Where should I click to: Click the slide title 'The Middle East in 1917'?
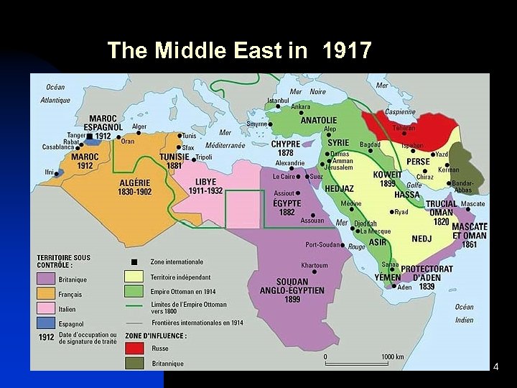(239, 51)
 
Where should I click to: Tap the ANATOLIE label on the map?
(319, 121)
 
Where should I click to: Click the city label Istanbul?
(279, 100)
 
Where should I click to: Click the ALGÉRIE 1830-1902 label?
(135, 187)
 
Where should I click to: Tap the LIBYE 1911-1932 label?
(205, 186)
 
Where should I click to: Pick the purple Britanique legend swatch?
(45, 279)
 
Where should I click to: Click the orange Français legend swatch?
(45, 294)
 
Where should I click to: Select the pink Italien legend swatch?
(45, 308)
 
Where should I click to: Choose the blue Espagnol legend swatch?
(45, 323)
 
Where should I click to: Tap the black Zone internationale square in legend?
(134, 262)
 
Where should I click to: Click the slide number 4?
(495, 367)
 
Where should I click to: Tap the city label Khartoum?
(315, 265)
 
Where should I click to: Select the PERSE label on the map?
(418, 162)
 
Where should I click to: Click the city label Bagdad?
(370, 145)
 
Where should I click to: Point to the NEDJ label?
(421, 239)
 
